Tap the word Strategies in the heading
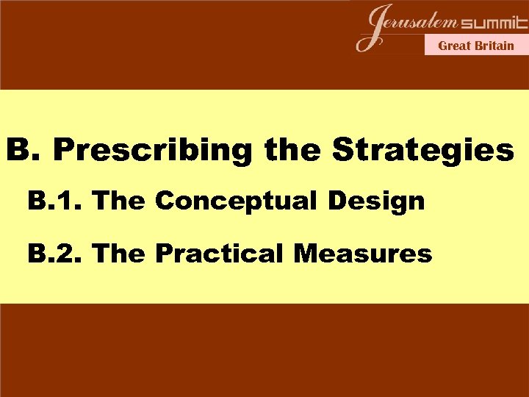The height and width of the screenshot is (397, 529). tap(423, 151)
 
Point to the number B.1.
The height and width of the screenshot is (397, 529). tap(57, 200)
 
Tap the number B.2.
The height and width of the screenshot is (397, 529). tap(57, 254)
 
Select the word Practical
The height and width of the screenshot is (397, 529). tap(219, 254)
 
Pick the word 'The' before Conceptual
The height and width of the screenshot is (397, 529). tap(122, 200)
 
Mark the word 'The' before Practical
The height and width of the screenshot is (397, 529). tap(122, 254)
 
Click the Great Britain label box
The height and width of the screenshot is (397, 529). tap(476, 46)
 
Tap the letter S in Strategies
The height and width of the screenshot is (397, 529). tap(345, 151)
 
